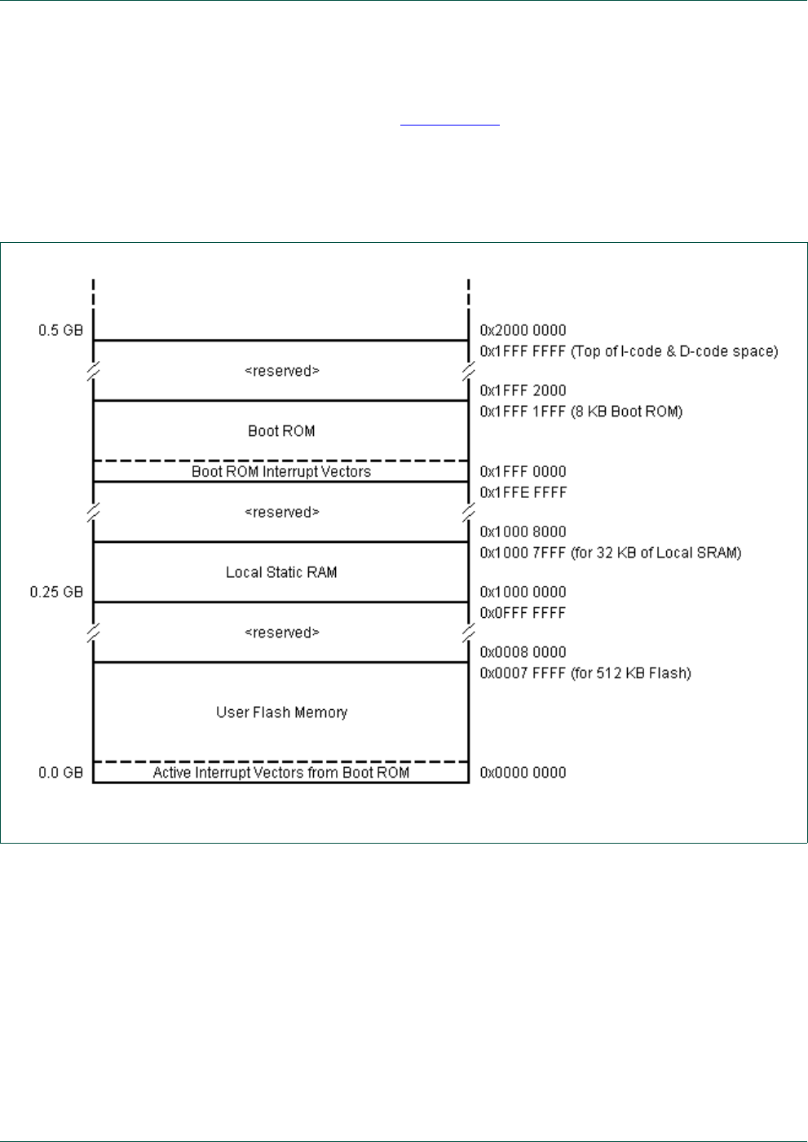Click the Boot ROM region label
point(281,431)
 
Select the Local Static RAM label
point(281,572)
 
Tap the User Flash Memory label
point(281,712)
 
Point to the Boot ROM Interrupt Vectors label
point(281,472)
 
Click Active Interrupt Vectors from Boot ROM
point(281,773)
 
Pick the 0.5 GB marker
point(60,331)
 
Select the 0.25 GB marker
point(57,593)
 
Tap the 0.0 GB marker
point(60,773)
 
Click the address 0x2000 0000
point(523,331)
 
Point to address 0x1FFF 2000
point(523,391)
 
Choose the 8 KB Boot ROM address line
point(581,412)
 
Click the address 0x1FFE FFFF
point(523,492)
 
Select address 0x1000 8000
point(523,532)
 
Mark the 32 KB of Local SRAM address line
point(610,553)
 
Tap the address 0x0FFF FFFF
point(523,613)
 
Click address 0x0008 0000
point(523,652)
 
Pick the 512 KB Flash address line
point(585,673)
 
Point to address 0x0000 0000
point(523,773)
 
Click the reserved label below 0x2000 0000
point(281,371)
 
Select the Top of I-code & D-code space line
point(629,351)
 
